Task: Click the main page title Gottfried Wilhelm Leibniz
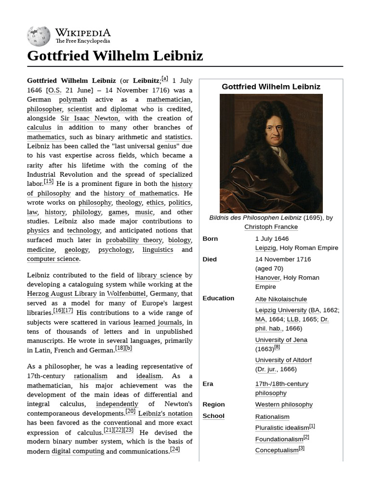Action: pos(115,56)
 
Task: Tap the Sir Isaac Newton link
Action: pos(89,118)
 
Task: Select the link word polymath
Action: pos(73,100)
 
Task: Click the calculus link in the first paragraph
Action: pos(39,128)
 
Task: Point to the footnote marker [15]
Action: pos(49,182)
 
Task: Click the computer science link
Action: pos(53,259)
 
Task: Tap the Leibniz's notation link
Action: pos(165,414)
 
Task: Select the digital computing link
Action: pos(78,451)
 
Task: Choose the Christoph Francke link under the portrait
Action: pos(271,227)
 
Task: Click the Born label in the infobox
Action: pos(210,239)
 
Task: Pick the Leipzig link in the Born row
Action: pos(265,248)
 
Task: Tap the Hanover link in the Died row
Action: pos(267,278)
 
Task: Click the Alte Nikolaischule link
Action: pos(281,299)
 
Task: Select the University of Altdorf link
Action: pos(283,360)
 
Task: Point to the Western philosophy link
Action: pos(284,404)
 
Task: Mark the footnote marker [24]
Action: pos(175,450)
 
